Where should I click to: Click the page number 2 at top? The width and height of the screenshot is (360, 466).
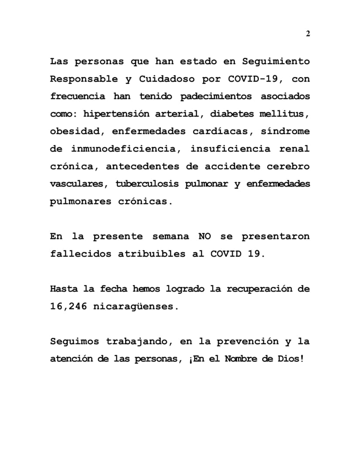(x=308, y=34)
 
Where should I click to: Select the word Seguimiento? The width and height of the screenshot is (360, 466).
(x=276, y=62)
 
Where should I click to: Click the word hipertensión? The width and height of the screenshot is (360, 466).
(x=113, y=114)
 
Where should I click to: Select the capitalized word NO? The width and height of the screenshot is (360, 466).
(x=204, y=236)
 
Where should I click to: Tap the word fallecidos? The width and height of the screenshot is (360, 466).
(x=80, y=254)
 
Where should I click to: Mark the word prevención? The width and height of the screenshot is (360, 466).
(x=240, y=341)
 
